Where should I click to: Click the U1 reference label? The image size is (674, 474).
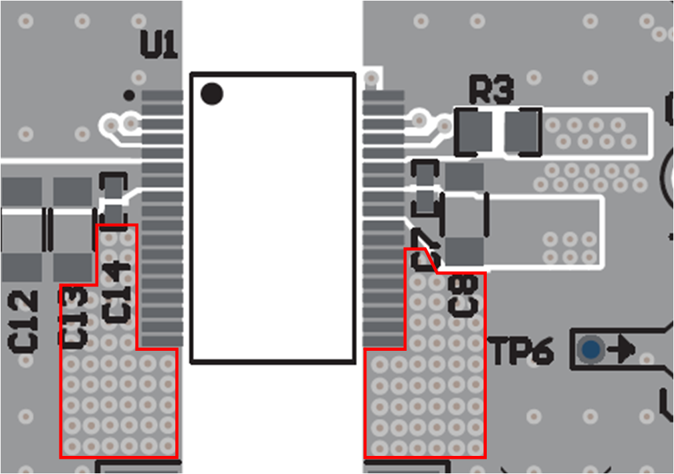[159, 46]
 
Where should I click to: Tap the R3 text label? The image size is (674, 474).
[491, 90]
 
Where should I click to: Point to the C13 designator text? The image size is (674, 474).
[74, 317]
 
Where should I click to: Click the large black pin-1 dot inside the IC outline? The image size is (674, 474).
[212, 94]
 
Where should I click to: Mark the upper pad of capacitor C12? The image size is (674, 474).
[21, 191]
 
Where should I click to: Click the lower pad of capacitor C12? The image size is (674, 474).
[21, 266]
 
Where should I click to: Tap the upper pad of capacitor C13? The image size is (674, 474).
[72, 191]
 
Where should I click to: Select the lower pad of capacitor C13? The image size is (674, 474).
[72, 266]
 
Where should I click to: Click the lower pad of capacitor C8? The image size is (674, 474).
[465, 252]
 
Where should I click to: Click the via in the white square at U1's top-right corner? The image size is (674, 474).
[372, 79]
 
